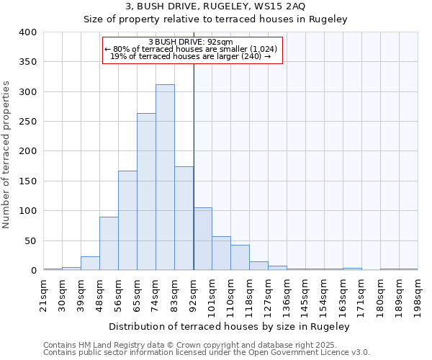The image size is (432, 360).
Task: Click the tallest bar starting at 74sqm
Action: (165, 177)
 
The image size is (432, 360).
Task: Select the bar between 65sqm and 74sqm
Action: (146, 192)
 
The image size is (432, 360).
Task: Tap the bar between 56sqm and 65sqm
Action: (127, 220)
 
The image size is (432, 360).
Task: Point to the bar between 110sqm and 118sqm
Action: (240, 258)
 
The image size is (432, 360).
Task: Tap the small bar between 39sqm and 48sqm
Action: (90, 264)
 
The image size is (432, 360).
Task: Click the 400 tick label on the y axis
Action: (28, 32)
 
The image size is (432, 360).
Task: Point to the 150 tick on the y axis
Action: (28, 181)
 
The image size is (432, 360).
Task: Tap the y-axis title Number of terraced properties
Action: (6, 155)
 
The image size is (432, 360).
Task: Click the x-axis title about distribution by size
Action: (230, 327)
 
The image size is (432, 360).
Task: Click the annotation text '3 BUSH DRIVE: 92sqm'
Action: (192, 42)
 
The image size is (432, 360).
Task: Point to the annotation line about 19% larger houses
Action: (192, 56)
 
